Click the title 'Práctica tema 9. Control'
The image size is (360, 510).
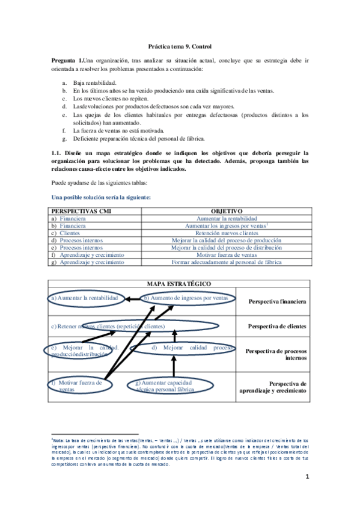point(180,46)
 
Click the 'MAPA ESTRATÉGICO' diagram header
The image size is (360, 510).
point(179,283)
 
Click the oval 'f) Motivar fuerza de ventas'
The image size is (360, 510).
point(77,385)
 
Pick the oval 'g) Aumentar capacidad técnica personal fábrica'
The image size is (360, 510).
point(165,386)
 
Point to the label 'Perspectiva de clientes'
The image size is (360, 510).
point(277,327)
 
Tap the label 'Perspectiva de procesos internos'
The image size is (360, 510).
point(276,354)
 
